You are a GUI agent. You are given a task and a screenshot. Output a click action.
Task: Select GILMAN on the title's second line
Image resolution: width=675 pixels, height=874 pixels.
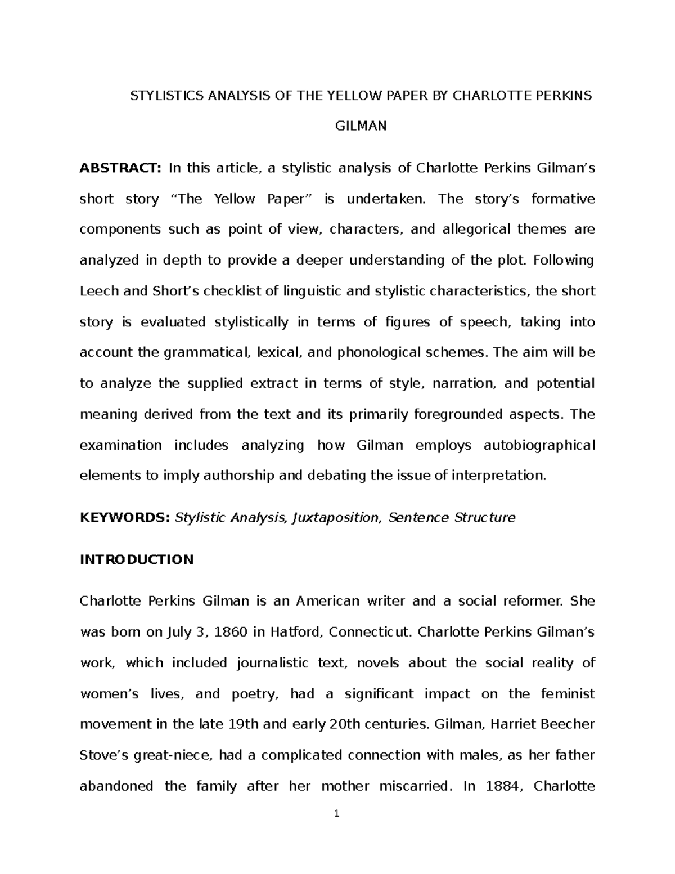click(x=361, y=126)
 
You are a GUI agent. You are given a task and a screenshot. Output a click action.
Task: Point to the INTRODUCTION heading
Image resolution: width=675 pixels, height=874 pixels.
click(x=137, y=559)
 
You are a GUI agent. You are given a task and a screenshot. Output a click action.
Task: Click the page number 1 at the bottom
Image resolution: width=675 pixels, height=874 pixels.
click(x=336, y=829)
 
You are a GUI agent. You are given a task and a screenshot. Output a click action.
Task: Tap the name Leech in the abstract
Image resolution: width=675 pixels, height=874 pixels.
click(x=99, y=291)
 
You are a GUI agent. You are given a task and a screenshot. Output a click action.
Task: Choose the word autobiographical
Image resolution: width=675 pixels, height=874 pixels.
click(x=539, y=445)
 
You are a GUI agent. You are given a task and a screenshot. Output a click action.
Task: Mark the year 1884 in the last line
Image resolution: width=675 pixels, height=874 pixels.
click(x=494, y=786)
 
